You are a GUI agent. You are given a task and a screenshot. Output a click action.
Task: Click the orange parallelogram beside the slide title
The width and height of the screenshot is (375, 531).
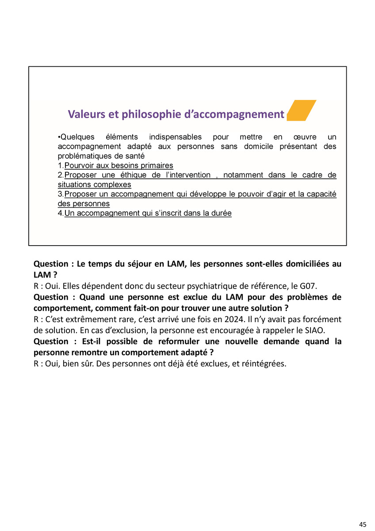point(302,111)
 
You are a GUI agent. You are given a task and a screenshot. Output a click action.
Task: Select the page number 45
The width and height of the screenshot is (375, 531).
point(363,524)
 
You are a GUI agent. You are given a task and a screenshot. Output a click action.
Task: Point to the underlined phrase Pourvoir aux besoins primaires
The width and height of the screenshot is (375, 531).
point(119,165)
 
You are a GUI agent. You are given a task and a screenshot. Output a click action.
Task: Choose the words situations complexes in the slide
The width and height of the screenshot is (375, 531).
point(95,185)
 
